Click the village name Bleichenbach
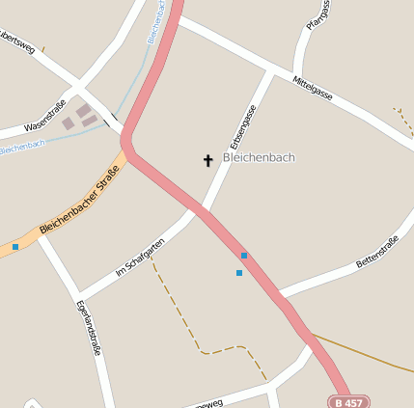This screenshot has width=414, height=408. (x=259, y=157)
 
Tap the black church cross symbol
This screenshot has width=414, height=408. (x=207, y=160)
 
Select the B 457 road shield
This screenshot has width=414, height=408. (x=349, y=401)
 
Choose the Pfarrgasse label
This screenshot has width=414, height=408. (x=317, y=15)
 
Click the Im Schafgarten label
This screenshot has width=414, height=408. (x=140, y=258)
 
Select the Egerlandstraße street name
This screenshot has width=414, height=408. (x=89, y=327)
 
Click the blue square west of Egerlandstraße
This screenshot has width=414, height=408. (x=15, y=247)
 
